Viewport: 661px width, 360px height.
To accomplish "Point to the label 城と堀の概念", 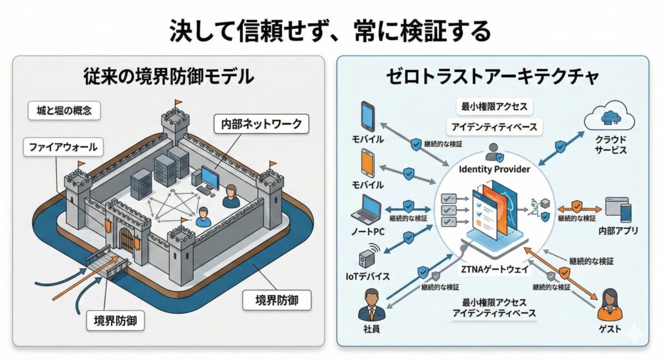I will pos(65,111).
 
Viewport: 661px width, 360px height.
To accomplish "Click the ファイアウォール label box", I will pos(62,147).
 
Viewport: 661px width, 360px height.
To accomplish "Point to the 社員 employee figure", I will pos(370,305).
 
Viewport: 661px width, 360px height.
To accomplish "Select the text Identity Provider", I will pos(494,169).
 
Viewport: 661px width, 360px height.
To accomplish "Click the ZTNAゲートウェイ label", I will pos(495,270).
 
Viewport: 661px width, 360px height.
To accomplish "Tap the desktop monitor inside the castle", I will pos(210,175).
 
